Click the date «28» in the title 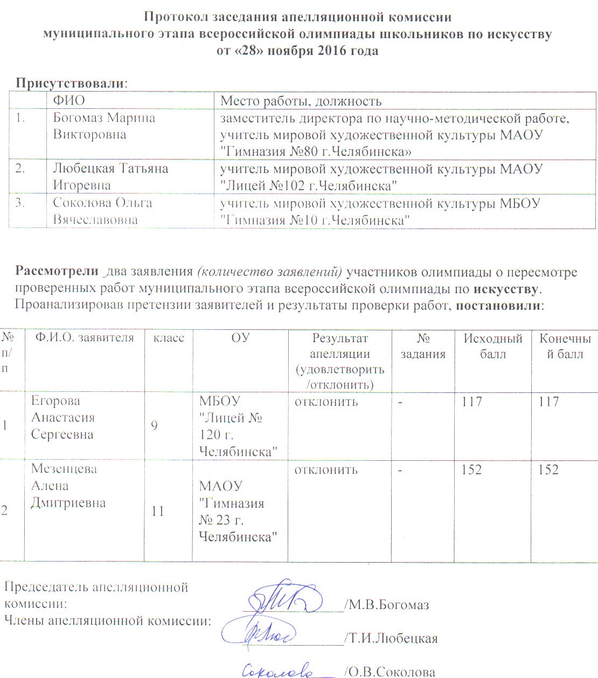tap(250, 51)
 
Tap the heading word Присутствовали tap(70, 84)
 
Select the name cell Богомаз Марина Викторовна tap(104, 126)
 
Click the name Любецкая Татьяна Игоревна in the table tap(110, 177)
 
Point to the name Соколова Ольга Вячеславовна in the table tap(102, 211)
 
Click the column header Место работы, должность tap(301, 101)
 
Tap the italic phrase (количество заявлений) tap(269, 272)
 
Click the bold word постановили tap(499, 306)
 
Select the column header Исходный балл tap(493, 346)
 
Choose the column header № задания tap(423, 346)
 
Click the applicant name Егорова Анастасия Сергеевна tap(62, 418)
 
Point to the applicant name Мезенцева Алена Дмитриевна tap(68, 486)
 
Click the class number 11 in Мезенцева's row tap(158, 511)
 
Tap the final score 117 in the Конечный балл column tap(548, 402)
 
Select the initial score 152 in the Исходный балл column tap(471, 469)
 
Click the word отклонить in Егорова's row tap(326, 402)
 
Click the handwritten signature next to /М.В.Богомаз tap(283, 597)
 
